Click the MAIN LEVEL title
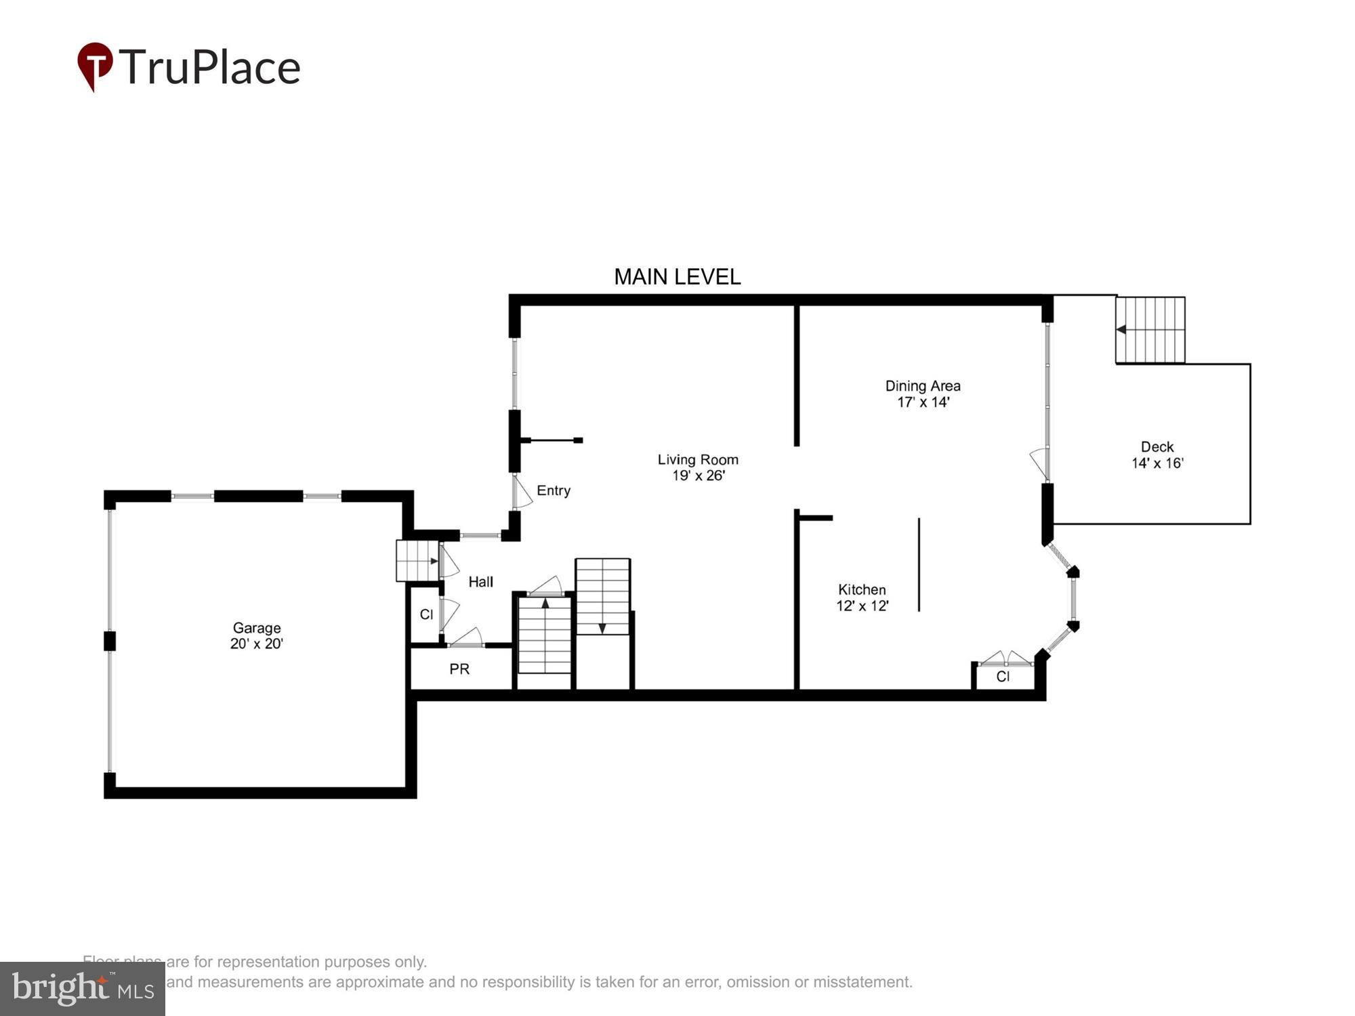point(677,276)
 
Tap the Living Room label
point(698,467)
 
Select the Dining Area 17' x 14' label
point(922,394)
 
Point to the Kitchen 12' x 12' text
point(862,597)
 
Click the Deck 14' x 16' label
point(1156,454)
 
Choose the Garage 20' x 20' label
point(256,635)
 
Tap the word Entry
point(554,490)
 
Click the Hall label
point(480,581)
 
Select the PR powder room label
point(459,669)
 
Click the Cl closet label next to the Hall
point(426,614)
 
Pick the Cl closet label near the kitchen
point(1003,677)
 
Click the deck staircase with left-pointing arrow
point(1150,330)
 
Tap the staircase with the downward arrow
point(602,596)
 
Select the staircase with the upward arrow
point(545,635)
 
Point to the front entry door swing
point(522,492)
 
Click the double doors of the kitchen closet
point(1005,658)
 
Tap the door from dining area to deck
point(1039,464)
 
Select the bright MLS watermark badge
point(83,989)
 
